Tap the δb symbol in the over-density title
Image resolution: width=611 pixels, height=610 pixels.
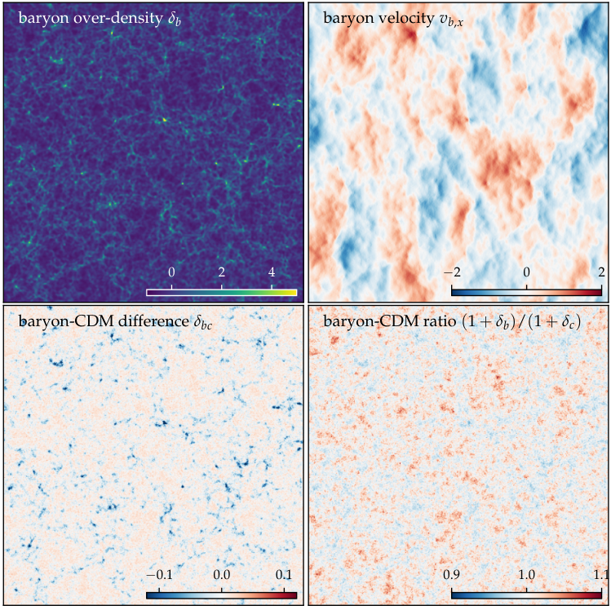tap(175, 19)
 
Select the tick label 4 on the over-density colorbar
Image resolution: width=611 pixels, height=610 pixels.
tap(272, 272)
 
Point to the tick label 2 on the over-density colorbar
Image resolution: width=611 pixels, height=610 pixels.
tap(221, 272)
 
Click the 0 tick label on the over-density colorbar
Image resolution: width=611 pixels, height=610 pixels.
tap(171, 272)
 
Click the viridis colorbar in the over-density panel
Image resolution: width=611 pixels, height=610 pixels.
tap(221, 293)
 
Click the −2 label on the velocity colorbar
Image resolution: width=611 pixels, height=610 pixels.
tap(452, 272)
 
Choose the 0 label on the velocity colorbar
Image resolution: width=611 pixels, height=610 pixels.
tap(526, 272)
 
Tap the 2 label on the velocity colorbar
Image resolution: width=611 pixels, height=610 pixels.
tap(602, 272)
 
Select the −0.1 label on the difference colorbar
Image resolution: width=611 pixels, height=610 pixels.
tap(159, 575)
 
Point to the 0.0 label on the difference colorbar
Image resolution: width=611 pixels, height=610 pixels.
tap(221, 575)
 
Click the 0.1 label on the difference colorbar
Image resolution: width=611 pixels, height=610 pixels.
tap(284, 575)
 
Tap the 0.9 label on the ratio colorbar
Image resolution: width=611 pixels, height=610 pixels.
tap(452, 575)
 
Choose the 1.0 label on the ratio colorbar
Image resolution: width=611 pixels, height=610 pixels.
tap(526, 575)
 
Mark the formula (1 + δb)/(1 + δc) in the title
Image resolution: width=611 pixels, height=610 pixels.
tap(521, 322)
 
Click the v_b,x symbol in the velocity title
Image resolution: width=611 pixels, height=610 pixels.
tap(452, 20)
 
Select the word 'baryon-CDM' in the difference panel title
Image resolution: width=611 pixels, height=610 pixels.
tap(66, 321)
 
